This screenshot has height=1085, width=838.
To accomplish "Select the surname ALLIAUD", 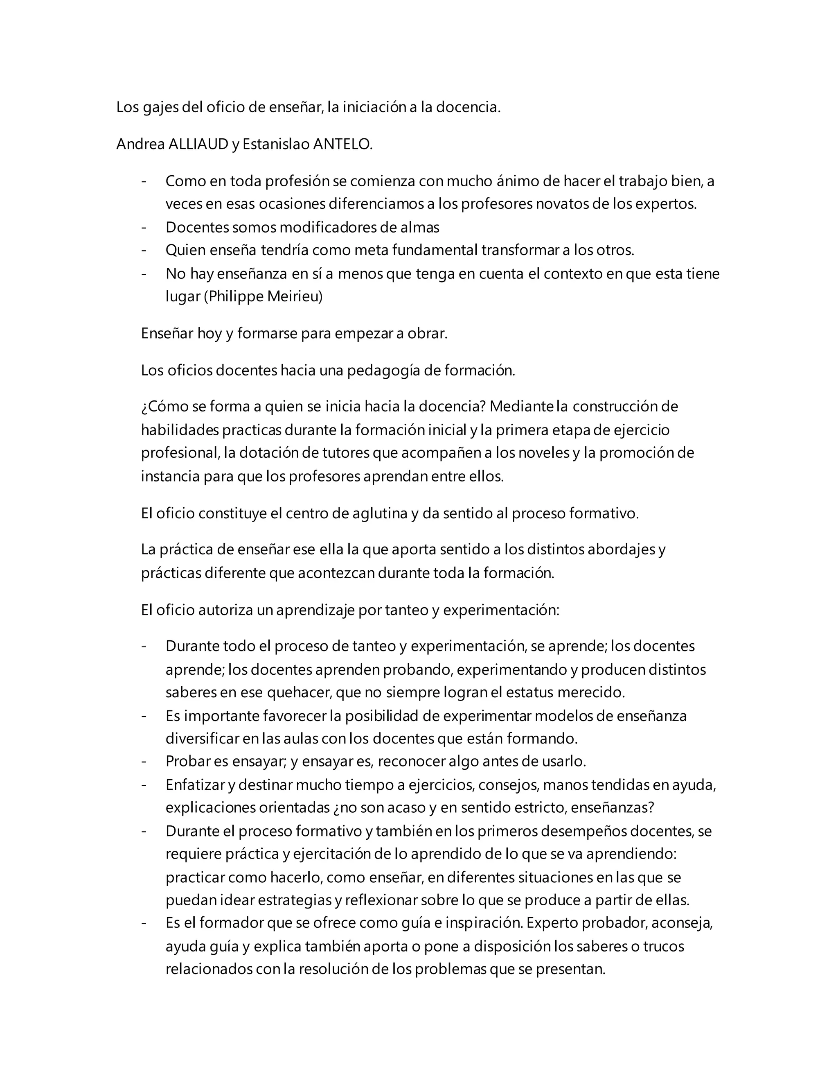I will (198, 144).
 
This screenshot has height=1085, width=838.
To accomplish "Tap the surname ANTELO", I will (342, 144).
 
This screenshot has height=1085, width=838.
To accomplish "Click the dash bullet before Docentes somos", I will (144, 227).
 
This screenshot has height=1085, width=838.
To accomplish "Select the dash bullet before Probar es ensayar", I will (144, 761).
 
